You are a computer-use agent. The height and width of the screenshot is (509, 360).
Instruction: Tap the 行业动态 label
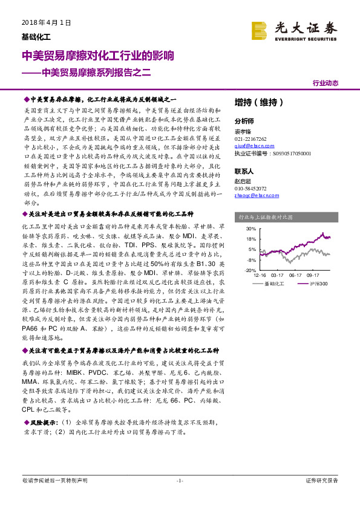325,83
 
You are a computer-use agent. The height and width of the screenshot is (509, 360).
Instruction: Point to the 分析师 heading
245,120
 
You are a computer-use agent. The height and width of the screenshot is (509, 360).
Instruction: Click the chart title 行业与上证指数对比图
266,216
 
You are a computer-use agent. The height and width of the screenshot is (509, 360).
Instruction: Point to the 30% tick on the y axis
251,229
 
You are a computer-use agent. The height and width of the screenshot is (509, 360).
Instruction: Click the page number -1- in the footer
179,481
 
